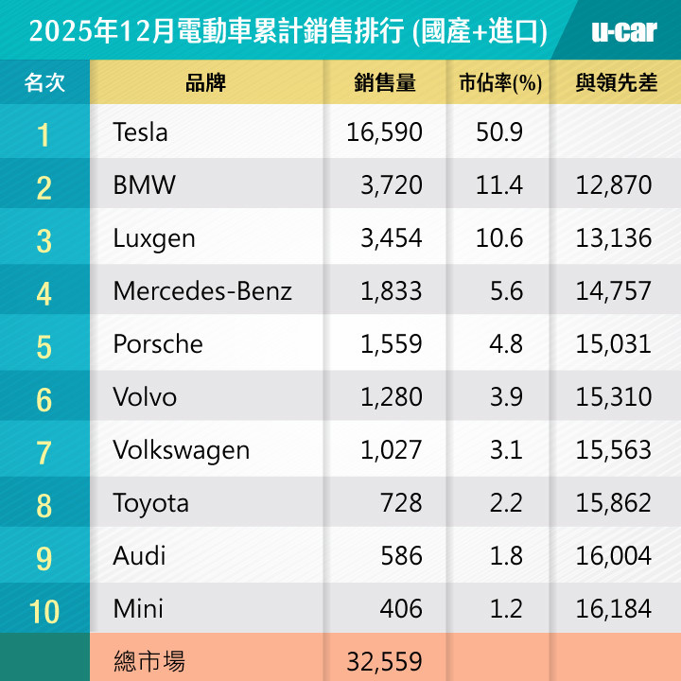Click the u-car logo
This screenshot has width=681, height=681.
623,30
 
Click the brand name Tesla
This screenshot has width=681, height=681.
140,131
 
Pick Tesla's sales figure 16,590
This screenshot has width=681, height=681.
384,131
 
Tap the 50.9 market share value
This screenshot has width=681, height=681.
499,131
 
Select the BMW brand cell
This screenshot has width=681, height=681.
144,184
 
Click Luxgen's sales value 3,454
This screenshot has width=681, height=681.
391,237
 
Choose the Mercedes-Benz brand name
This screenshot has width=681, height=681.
202,290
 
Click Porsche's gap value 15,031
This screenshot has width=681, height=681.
614,343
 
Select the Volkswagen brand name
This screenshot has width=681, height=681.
182,450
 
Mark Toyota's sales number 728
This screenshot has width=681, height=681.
403,503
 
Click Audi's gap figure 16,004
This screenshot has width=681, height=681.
614,556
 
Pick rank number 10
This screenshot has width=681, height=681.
44,611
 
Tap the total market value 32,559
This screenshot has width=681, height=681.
384,660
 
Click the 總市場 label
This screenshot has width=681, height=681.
148,660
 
